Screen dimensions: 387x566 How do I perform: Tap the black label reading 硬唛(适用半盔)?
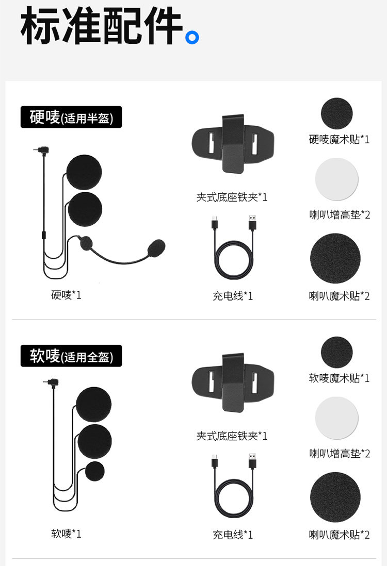click(x=71, y=117)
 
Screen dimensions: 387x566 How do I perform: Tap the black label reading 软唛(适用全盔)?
click(x=71, y=356)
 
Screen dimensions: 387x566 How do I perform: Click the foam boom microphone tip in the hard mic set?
click(x=156, y=248)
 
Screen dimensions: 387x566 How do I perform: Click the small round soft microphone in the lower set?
click(x=95, y=472)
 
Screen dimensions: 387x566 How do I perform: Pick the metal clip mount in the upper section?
click(x=233, y=143)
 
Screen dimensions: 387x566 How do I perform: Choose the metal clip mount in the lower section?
click(x=233, y=382)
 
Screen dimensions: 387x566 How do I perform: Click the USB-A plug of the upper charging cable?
click(x=252, y=223)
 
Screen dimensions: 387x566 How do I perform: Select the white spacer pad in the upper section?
click(x=336, y=179)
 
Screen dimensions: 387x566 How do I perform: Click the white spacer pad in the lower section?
click(x=336, y=418)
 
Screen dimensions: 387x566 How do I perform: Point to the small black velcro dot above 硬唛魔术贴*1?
click(x=337, y=113)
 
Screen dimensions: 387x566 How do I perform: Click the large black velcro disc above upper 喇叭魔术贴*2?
click(x=335, y=258)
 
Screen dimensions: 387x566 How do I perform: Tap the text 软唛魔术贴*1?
click(x=339, y=378)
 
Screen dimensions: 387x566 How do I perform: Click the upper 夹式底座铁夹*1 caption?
click(x=232, y=197)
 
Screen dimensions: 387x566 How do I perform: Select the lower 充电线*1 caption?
click(x=233, y=535)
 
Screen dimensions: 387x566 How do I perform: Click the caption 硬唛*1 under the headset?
click(x=66, y=295)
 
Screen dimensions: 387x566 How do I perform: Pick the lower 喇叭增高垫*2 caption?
click(x=340, y=454)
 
